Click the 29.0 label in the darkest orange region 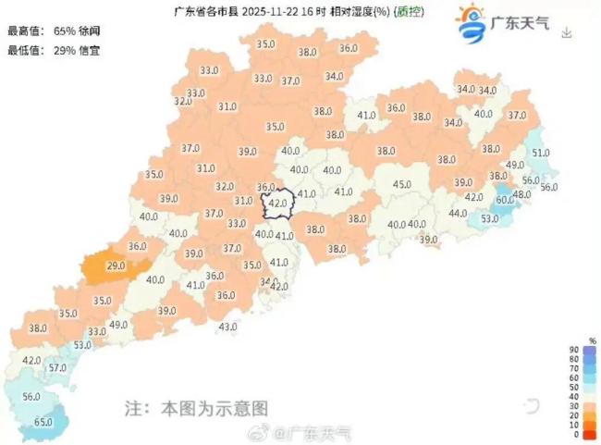(117, 266)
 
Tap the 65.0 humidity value (43, 422)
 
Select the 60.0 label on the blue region (505, 199)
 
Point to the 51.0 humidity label (542, 153)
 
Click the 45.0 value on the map (402, 185)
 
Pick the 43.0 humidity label (228, 327)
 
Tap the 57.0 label (57, 367)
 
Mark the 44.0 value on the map (458, 213)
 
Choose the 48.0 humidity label (522, 194)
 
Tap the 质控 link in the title (411, 11)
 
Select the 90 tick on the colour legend (576, 349)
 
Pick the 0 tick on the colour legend (576, 434)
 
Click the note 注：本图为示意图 (196, 407)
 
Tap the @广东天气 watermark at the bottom (304, 431)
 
